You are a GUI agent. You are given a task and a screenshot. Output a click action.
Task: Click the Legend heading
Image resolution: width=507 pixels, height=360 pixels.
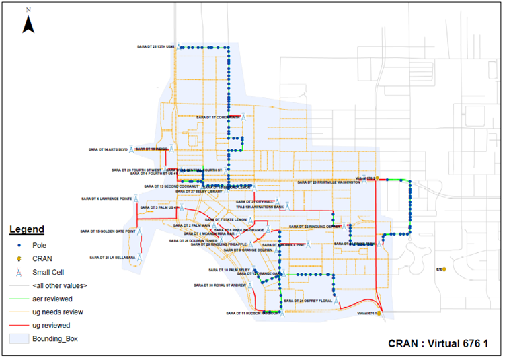27,229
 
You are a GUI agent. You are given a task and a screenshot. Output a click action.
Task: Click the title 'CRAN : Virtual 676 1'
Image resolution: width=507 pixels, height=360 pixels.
438,344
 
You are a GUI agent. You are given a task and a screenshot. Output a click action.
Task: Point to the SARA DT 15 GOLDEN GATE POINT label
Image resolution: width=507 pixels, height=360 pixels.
108,231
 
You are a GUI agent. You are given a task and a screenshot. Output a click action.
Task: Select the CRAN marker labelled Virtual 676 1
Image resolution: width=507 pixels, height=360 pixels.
380,313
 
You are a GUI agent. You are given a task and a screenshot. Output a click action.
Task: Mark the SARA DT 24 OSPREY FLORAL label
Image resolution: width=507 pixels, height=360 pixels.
308,301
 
